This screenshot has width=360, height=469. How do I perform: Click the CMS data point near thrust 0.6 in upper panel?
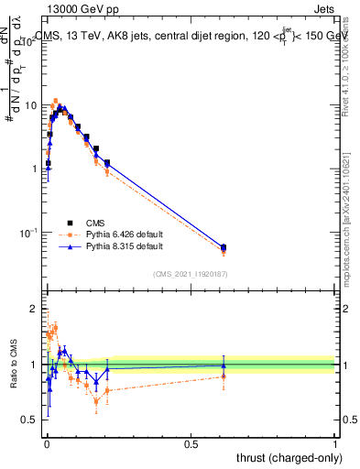(224, 247)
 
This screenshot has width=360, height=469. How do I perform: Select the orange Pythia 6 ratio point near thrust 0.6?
(224, 376)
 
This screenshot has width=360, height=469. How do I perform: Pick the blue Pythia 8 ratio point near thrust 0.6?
(224, 365)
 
